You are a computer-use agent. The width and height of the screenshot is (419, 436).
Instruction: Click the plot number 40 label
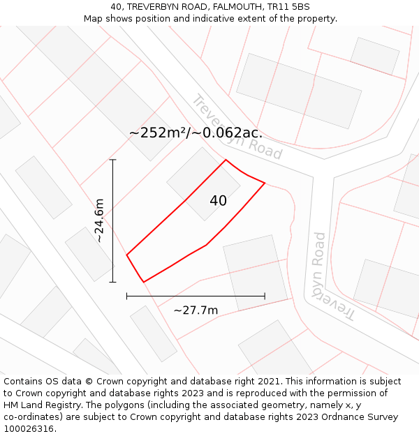pyautogui.click(x=218, y=201)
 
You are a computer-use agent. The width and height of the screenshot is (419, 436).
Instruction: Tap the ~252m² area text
pyautogui.click(x=159, y=133)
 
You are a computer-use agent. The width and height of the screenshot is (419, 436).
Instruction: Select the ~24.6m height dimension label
pyautogui.click(x=100, y=220)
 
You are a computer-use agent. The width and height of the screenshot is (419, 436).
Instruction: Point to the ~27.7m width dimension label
pyautogui.click(x=196, y=310)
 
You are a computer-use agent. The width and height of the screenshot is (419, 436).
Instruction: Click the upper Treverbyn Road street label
pyautogui.click(x=237, y=128)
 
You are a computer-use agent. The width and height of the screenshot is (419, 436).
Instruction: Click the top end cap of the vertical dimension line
pyautogui.click(x=113, y=160)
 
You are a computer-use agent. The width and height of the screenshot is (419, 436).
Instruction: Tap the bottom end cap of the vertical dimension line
pyautogui.click(x=113, y=282)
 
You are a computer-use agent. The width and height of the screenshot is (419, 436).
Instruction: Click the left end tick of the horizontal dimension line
pyautogui.click(x=126, y=296)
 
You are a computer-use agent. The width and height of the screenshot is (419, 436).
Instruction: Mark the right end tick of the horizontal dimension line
pyautogui.click(x=265, y=296)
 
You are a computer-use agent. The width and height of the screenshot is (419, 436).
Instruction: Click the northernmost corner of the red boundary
pyautogui.click(x=226, y=160)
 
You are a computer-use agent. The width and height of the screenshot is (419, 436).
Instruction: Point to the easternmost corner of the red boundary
pyautogui.click(x=265, y=183)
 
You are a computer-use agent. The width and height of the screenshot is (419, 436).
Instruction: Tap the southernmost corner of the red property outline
pyautogui.click(x=143, y=282)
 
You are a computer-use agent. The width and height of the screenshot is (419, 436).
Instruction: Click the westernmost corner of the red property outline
pyautogui.click(x=126, y=255)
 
